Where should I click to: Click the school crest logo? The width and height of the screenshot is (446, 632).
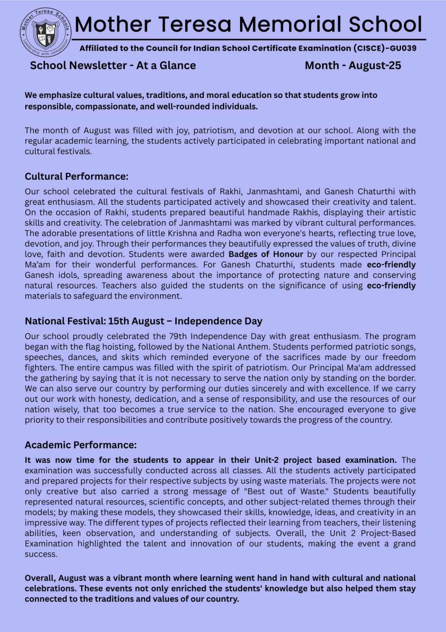(45, 33)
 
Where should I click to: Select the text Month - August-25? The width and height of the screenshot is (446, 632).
(353, 66)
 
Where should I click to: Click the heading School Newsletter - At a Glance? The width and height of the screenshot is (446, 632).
(113, 66)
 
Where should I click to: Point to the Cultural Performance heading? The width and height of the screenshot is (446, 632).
(76, 176)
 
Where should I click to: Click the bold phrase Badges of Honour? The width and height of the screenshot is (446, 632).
(266, 254)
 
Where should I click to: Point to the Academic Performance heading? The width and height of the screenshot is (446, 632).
(81, 445)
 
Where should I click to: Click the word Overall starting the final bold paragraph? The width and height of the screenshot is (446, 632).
(40, 578)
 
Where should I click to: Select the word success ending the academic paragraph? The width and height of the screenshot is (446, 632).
(41, 554)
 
